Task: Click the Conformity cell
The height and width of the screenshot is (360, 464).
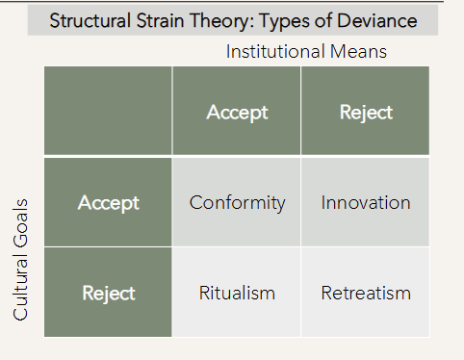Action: pyautogui.click(x=237, y=203)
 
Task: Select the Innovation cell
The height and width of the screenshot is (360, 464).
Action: pyautogui.click(x=366, y=203)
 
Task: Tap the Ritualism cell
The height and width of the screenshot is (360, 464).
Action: pyautogui.click(x=237, y=293)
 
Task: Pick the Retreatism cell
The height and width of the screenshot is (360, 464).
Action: pyautogui.click(x=366, y=293)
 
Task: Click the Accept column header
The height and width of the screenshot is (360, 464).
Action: pyautogui.click(x=237, y=113)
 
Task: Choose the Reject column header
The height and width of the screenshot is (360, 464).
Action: pyautogui.click(x=366, y=113)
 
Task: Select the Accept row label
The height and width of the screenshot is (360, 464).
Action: pyautogui.click(x=109, y=203)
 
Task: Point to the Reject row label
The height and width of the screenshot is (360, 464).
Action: pyautogui.click(x=109, y=293)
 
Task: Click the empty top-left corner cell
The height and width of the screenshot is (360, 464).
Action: pyautogui.click(x=108, y=113)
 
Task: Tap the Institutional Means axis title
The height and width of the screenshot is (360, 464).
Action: pyautogui.click(x=306, y=52)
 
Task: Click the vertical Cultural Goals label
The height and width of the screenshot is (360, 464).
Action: pyautogui.click(x=22, y=260)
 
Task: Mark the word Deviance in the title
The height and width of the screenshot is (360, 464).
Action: pyautogui.click(x=374, y=20)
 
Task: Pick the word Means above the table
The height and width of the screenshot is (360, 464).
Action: pyautogui.click(x=358, y=52)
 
